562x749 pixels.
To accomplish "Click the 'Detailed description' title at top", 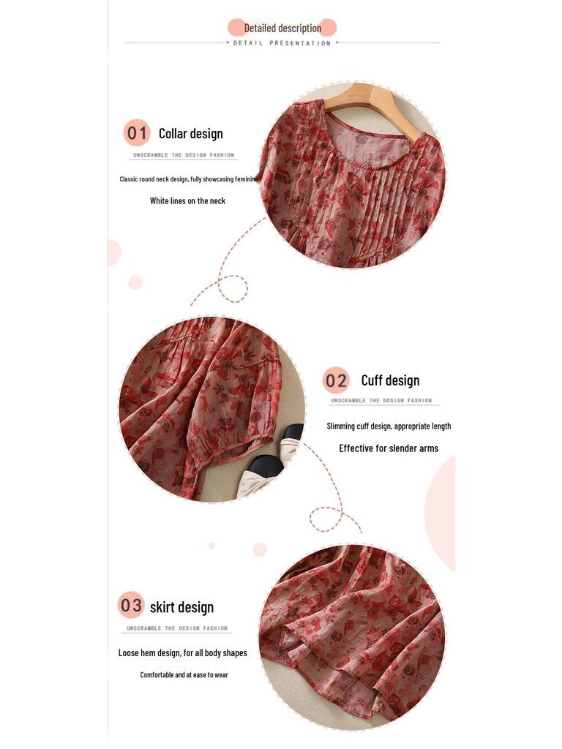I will tap(282, 28).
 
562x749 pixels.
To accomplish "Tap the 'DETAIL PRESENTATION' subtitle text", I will tap(282, 43).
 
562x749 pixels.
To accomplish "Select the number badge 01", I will tap(137, 133).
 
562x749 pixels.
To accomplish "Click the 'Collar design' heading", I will tap(190, 133).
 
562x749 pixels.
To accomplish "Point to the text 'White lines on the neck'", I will tap(187, 200).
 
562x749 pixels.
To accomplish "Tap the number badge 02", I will tap(337, 380).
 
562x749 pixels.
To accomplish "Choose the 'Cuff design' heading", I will tap(390, 380).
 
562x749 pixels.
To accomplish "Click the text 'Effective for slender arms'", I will tap(389, 448).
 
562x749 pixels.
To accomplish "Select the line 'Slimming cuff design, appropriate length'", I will tap(389, 426).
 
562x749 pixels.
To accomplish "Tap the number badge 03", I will tap(132, 606).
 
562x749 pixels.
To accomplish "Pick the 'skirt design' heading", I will tap(181, 606).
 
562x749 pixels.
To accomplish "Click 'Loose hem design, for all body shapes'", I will tap(183, 652).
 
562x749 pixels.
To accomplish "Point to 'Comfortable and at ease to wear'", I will tap(184, 674).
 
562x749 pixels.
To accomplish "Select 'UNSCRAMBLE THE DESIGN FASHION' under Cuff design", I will tap(381, 401).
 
